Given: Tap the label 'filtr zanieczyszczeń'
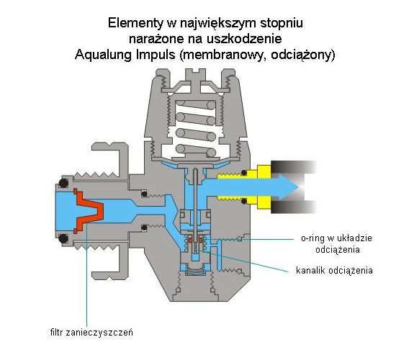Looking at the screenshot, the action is (x=91, y=332).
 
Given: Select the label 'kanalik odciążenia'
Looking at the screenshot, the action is (x=334, y=270).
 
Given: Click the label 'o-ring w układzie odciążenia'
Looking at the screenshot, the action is (x=336, y=244).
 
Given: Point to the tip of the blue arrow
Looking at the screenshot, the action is (x=300, y=187).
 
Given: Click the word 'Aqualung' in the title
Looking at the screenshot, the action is (x=103, y=55).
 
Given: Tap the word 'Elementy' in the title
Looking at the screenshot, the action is (x=135, y=23).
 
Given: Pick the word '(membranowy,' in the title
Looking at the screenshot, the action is (x=222, y=55).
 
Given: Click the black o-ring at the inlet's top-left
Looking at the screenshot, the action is (x=63, y=183).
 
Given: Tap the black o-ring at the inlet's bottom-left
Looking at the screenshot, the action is (x=63, y=238).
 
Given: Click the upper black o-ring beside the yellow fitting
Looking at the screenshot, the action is (x=244, y=173).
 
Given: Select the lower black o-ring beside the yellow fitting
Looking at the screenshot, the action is (x=244, y=202).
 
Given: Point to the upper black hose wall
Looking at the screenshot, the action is (x=294, y=167).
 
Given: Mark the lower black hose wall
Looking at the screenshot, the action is (x=294, y=207).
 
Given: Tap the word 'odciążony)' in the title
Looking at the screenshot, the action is (x=303, y=55).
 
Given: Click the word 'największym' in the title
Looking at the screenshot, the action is (x=218, y=23).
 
